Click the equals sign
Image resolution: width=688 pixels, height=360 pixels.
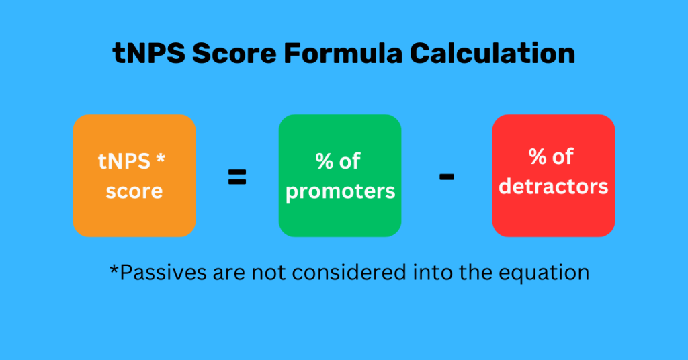click(x=236, y=178)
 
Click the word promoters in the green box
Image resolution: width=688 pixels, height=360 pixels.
click(x=340, y=191)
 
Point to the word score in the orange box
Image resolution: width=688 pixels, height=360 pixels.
click(x=134, y=191)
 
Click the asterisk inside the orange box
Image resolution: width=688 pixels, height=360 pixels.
click(x=160, y=160)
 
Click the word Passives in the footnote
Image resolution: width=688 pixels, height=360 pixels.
click(x=149, y=273)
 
